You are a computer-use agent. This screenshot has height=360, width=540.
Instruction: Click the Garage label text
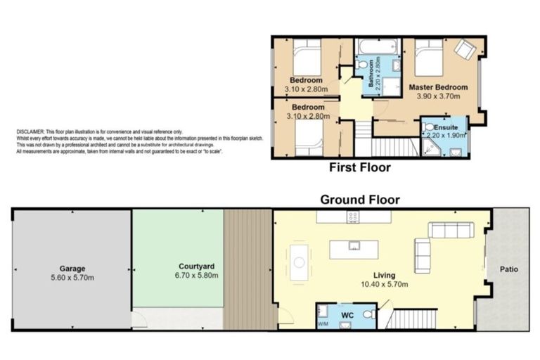click(72, 269)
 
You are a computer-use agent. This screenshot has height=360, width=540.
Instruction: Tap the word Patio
click(510, 269)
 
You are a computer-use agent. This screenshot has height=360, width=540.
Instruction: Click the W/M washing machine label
click(323, 324)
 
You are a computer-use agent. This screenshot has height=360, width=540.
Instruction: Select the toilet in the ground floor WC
click(367, 314)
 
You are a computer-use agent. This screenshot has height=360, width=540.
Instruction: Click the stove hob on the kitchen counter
click(352, 218)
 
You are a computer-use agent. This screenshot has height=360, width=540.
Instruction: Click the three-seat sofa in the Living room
click(451, 231)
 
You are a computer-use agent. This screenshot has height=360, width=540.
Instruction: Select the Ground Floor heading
click(360, 200)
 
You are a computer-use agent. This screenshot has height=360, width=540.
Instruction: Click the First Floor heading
click(360, 167)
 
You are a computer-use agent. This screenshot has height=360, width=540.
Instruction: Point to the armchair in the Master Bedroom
click(464, 49)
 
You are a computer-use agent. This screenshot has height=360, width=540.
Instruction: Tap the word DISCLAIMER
click(30, 131)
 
